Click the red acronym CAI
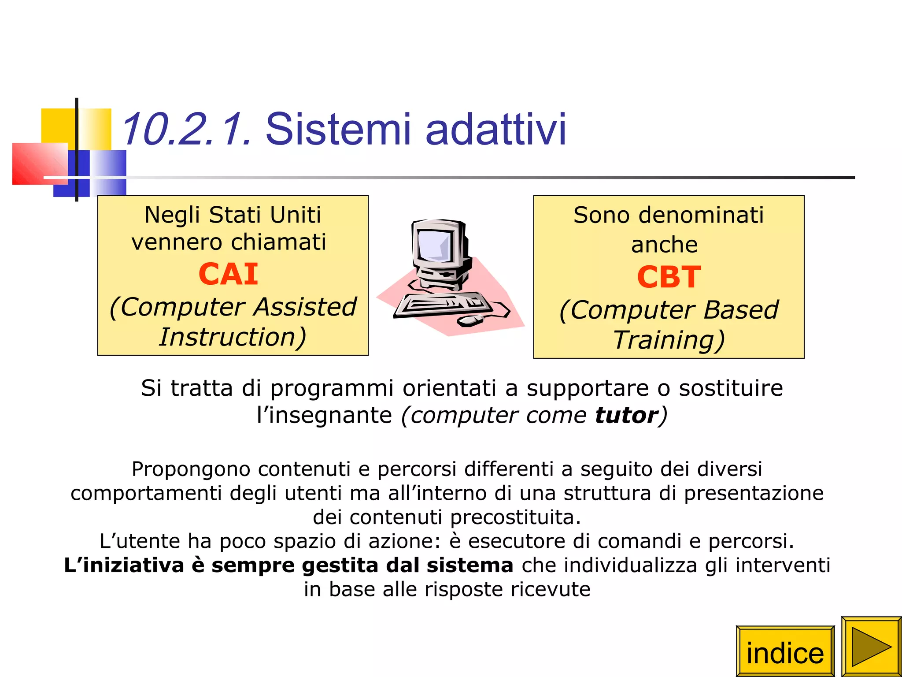228,274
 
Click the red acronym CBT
669,277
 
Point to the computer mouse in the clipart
470,320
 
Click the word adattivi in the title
496,129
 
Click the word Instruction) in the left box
233,337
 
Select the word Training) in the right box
669,340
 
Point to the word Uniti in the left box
295,215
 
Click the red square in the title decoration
40,164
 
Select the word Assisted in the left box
305,307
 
